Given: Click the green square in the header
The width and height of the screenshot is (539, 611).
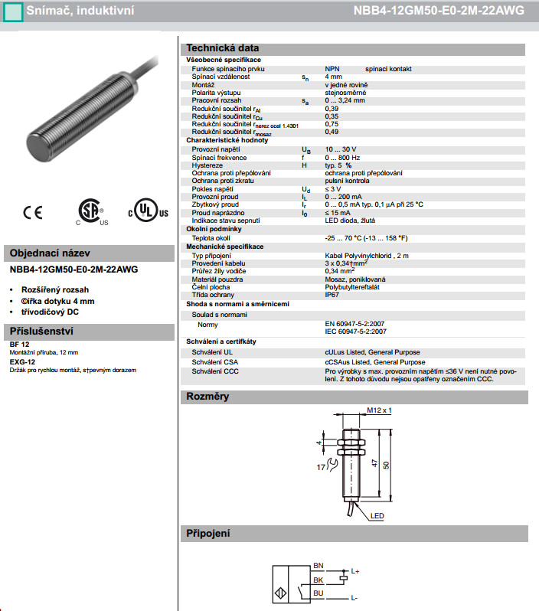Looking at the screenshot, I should click(x=13, y=11).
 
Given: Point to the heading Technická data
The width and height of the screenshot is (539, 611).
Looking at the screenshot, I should click(x=223, y=47).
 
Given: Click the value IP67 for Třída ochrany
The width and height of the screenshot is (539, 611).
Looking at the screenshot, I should click(x=332, y=294).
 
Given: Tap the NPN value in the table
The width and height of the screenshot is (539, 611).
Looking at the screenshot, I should click(x=332, y=68).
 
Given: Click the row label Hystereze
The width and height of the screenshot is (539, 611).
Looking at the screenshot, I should click(x=208, y=165).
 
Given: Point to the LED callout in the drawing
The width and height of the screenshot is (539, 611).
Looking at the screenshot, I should click(x=377, y=516).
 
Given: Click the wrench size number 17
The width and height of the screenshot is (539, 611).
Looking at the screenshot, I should click(x=321, y=466).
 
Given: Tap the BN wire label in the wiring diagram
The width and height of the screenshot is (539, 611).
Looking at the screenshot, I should click(x=319, y=566).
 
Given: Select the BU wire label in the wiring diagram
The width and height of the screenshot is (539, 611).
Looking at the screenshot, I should click(x=319, y=593).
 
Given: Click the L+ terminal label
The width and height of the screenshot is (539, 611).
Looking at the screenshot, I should click(x=355, y=571).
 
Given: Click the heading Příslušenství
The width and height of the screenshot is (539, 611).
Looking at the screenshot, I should click(x=40, y=332).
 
